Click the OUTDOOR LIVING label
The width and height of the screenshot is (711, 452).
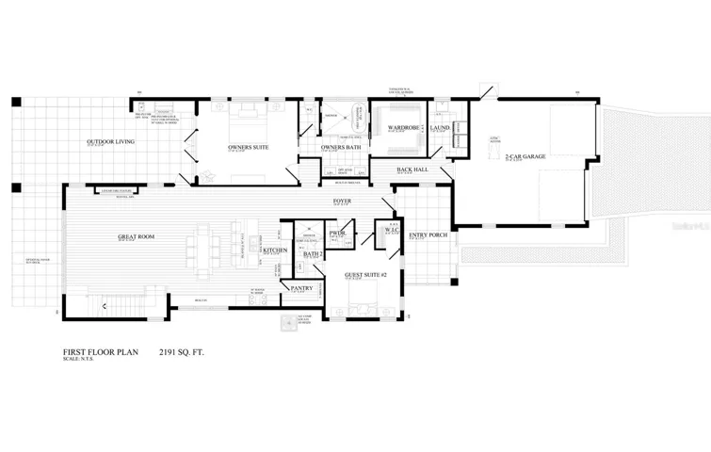point(110,141)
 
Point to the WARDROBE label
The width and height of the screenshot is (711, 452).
point(396,127)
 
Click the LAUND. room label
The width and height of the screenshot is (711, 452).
point(441,127)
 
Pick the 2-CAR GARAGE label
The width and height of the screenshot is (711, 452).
point(520,155)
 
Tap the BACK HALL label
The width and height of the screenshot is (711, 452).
point(412,169)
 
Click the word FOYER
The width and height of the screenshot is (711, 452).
point(343,202)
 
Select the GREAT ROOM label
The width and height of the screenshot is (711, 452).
point(136,237)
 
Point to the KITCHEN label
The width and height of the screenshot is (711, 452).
point(275,250)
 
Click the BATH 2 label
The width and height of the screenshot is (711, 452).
point(314,253)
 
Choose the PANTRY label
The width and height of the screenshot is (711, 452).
point(301,288)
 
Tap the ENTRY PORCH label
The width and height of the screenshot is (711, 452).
point(428,234)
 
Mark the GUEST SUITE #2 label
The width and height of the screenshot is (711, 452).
point(361,274)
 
